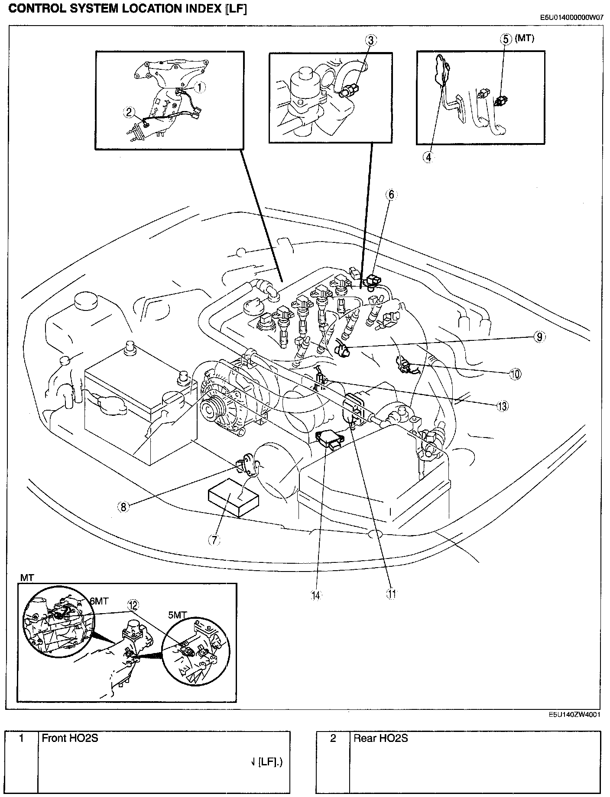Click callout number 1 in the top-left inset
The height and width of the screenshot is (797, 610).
click(x=199, y=87)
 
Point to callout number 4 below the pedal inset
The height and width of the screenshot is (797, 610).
click(x=428, y=157)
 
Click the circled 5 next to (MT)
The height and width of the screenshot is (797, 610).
click(x=506, y=39)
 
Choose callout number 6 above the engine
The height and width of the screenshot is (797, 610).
click(x=391, y=195)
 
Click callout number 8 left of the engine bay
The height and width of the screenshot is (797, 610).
click(x=123, y=506)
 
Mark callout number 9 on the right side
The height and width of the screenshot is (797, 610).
click(x=539, y=337)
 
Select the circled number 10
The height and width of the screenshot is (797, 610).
click(x=515, y=374)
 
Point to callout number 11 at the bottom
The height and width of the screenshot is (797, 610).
click(x=391, y=594)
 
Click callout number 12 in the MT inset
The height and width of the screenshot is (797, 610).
click(x=133, y=605)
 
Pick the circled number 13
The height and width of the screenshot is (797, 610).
click(x=502, y=406)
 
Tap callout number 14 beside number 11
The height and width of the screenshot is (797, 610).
click(x=316, y=595)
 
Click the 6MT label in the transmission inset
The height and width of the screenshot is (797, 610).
click(x=99, y=601)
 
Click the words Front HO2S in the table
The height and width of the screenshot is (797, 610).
click(x=70, y=738)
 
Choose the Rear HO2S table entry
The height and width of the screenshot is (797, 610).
click(x=381, y=738)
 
